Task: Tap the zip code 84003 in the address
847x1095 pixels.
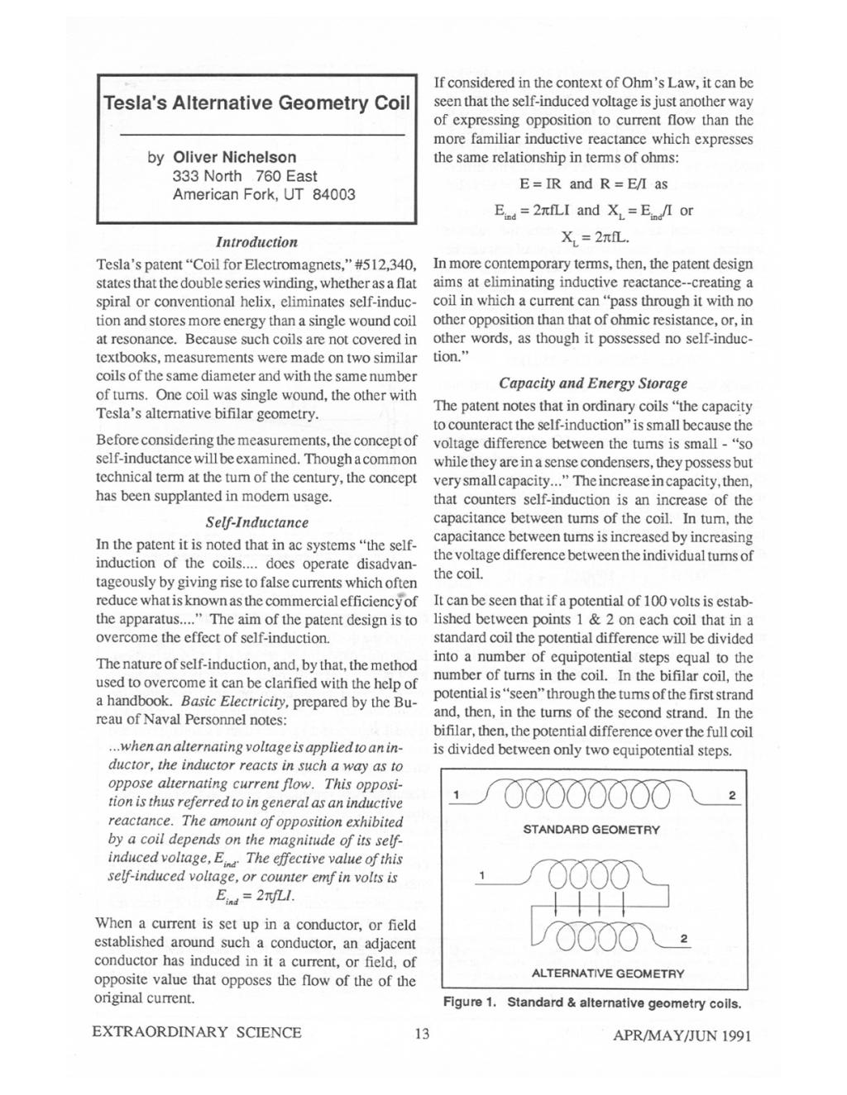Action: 334,194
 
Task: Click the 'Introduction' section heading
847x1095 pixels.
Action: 256,242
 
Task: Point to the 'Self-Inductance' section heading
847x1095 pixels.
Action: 256,522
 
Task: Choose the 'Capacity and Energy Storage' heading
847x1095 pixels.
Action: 593,383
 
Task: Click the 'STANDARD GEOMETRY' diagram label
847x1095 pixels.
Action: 591,829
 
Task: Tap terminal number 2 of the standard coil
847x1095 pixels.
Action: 731,795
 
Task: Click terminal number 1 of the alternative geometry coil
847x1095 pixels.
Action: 482,875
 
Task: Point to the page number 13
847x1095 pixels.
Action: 422,1033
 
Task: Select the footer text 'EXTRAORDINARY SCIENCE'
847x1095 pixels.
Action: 199,1032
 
